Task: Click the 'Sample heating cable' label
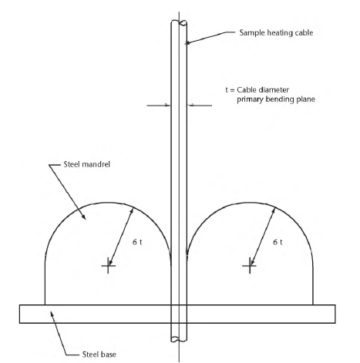(x=276, y=33)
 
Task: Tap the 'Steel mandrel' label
(x=87, y=164)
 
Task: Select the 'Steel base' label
(x=99, y=355)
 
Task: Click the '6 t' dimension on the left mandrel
(x=137, y=242)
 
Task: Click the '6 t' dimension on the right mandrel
(x=278, y=242)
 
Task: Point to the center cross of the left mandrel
(x=108, y=265)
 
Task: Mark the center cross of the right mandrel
(x=249, y=265)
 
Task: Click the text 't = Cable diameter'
(x=257, y=90)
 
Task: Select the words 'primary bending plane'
(x=276, y=99)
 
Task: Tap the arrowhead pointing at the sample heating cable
(x=187, y=43)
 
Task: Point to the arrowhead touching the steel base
(x=52, y=314)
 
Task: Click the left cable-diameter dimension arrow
(x=159, y=106)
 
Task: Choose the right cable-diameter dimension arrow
(x=200, y=106)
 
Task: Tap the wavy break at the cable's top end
(x=179, y=22)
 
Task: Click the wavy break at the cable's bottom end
(x=179, y=340)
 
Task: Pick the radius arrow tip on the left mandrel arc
(x=133, y=209)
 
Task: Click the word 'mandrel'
(x=98, y=164)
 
